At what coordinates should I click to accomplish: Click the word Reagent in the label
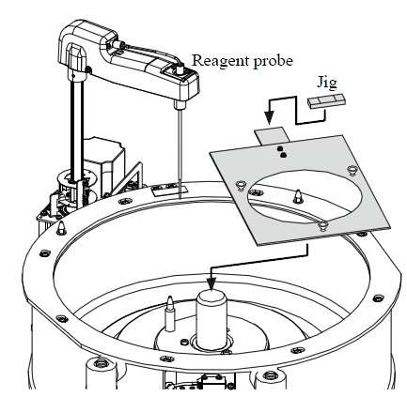tap(221, 61)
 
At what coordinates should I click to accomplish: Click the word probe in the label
tap(274, 61)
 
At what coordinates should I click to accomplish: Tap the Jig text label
tap(327, 83)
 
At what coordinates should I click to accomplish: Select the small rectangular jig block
tap(327, 101)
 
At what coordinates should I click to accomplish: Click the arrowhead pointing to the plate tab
tap(269, 118)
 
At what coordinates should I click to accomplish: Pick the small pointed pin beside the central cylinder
tap(170, 313)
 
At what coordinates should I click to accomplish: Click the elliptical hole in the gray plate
tap(305, 196)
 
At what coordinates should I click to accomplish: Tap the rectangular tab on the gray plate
tap(272, 135)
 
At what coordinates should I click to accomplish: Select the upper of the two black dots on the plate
tap(280, 148)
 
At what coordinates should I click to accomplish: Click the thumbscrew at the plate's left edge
tap(241, 185)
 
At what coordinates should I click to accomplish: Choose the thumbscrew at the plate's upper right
tap(352, 170)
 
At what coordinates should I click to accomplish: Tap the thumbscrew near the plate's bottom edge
tap(322, 225)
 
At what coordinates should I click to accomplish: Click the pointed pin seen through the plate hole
tap(297, 197)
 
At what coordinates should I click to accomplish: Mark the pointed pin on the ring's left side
tap(61, 227)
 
